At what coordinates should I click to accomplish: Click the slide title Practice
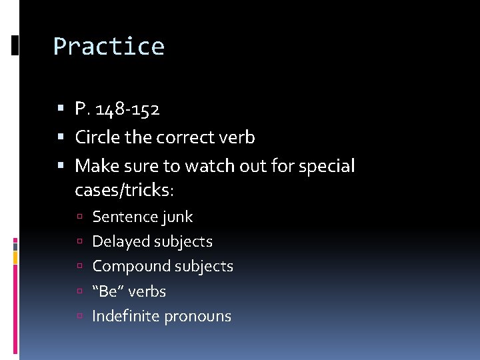point(109,47)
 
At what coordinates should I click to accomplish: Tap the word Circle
point(96,137)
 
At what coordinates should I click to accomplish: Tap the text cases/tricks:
point(124,190)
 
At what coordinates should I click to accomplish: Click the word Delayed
point(117,241)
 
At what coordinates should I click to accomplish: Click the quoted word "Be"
point(107,291)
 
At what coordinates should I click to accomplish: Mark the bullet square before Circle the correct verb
point(61,137)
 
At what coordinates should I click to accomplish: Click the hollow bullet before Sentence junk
point(79,217)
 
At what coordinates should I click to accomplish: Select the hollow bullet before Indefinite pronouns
point(79,317)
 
